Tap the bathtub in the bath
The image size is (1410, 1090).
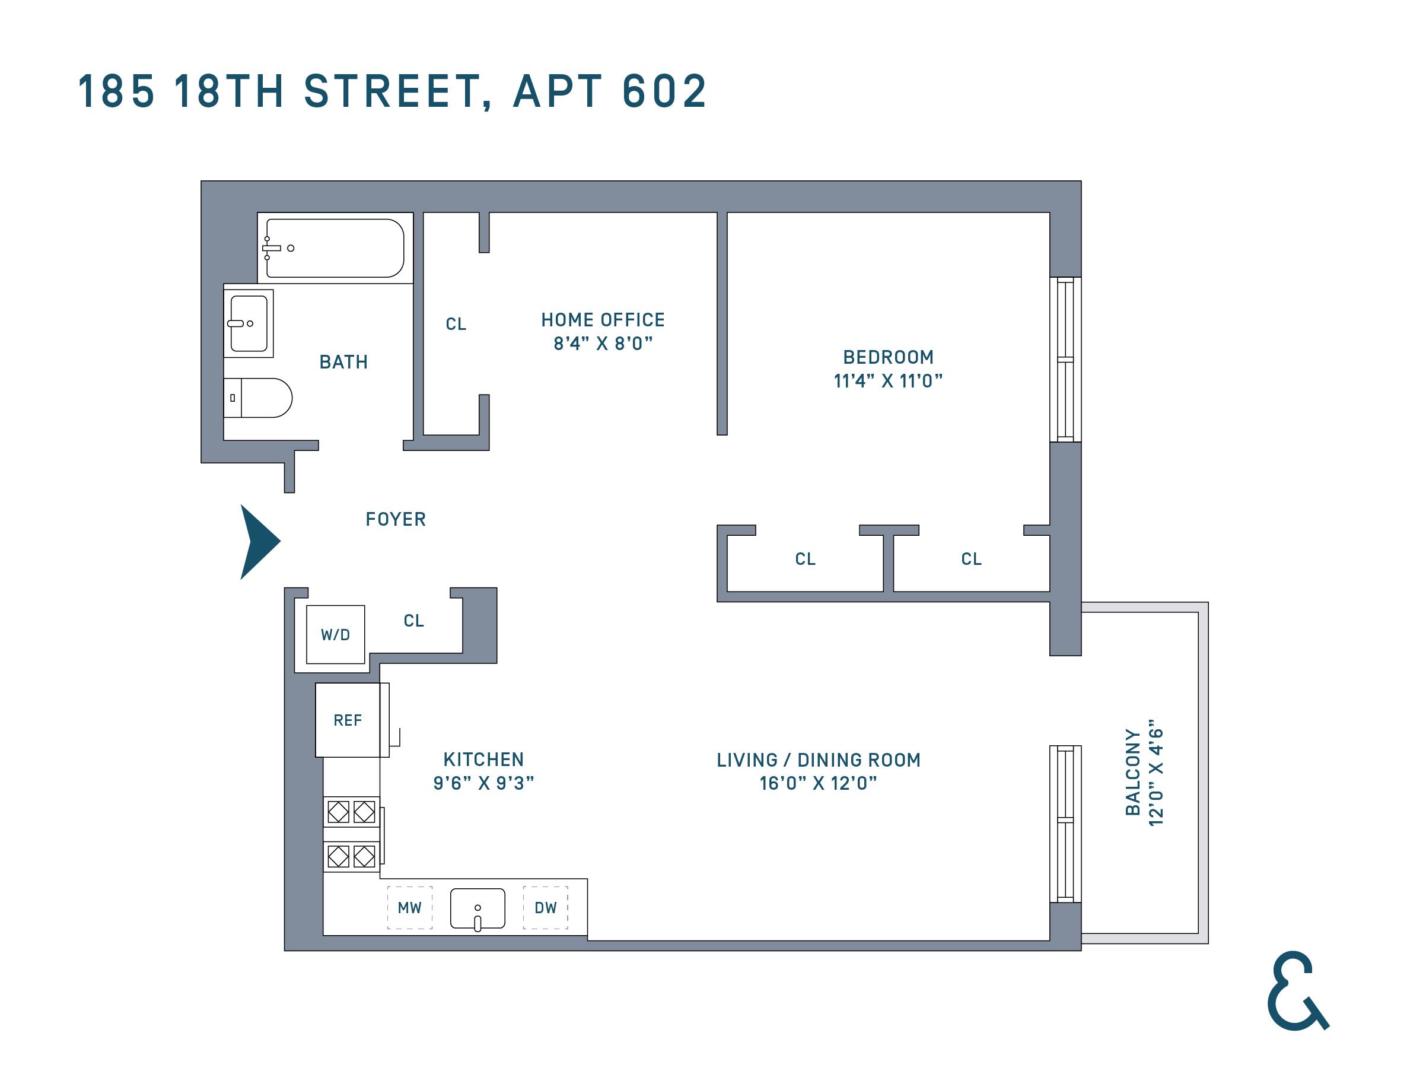click(x=335, y=248)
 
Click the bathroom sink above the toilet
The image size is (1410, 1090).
click(x=249, y=323)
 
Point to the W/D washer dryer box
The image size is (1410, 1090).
click(x=335, y=635)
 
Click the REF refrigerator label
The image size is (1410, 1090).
click(x=348, y=720)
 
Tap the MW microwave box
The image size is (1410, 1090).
click(x=410, y=908)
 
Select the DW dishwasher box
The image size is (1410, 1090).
click(x=546, y=908)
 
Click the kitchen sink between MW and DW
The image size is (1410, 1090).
click(x=478, y=908)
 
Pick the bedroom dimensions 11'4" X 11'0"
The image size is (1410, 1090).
click(x=888, y=381)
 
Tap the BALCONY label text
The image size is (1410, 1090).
click(x=1133, y=773)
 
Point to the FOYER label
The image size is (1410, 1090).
click(x=396, y=519)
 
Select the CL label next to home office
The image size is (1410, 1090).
click(x=456, y=324)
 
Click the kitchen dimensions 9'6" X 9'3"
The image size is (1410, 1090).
click(x=483, y=783)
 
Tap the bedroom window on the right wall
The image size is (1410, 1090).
click(x=1065, y=360)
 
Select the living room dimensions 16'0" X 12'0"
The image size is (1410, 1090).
click(x=818, y=783)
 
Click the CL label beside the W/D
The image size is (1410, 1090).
click(x=414, y=621)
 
